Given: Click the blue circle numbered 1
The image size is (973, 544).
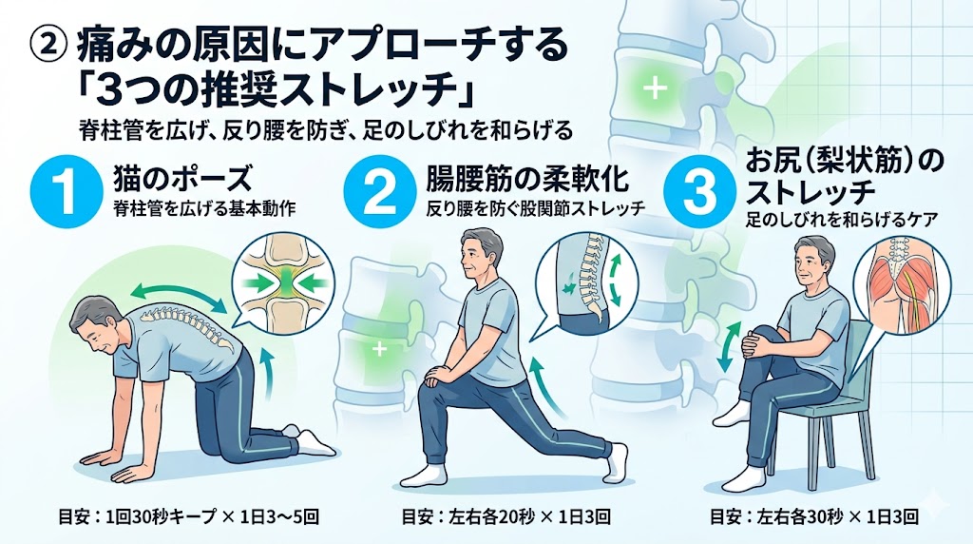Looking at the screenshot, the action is point(67,190).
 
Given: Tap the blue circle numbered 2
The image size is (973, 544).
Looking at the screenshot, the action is point(380,190).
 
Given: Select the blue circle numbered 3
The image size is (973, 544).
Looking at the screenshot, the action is point(699,190).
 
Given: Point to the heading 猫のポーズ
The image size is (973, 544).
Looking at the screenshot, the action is point(182,178).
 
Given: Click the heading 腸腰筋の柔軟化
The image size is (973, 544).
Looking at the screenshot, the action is point(527,178).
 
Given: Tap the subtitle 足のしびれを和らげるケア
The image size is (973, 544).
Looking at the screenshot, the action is point(841,219).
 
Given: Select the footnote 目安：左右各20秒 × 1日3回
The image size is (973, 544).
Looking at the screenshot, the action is point(506,516).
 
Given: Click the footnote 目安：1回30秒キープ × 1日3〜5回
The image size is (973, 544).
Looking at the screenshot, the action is point(189,516).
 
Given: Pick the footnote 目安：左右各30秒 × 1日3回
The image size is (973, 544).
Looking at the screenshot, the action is point(814,516).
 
